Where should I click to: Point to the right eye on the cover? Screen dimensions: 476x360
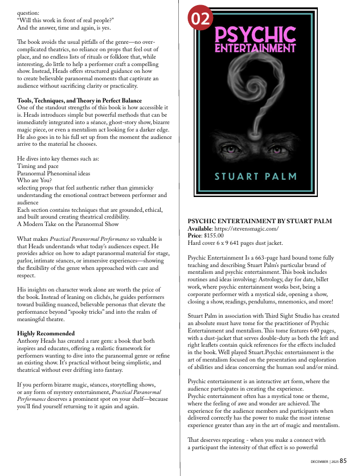tap(273, 149)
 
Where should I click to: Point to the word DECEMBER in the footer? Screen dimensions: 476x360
tap(320, 462)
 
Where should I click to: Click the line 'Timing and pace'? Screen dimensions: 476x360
tap(39, 165)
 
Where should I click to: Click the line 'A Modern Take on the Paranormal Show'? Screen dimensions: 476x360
tap(68, 224)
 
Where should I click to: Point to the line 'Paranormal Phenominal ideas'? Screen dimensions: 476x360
tap(54, 173)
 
